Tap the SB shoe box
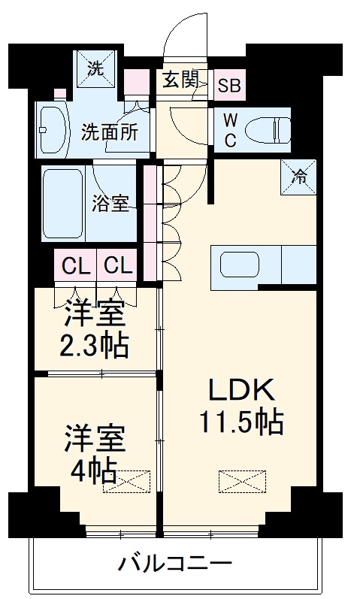pos(229,85)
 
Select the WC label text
pos(231,129)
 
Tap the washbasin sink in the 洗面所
pos(53,128)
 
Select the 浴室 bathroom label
pos(110,204)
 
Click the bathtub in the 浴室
pos(64,203)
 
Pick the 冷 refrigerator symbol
pos(298,177)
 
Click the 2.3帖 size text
pos(95,346)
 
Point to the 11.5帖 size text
pos(241,423)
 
